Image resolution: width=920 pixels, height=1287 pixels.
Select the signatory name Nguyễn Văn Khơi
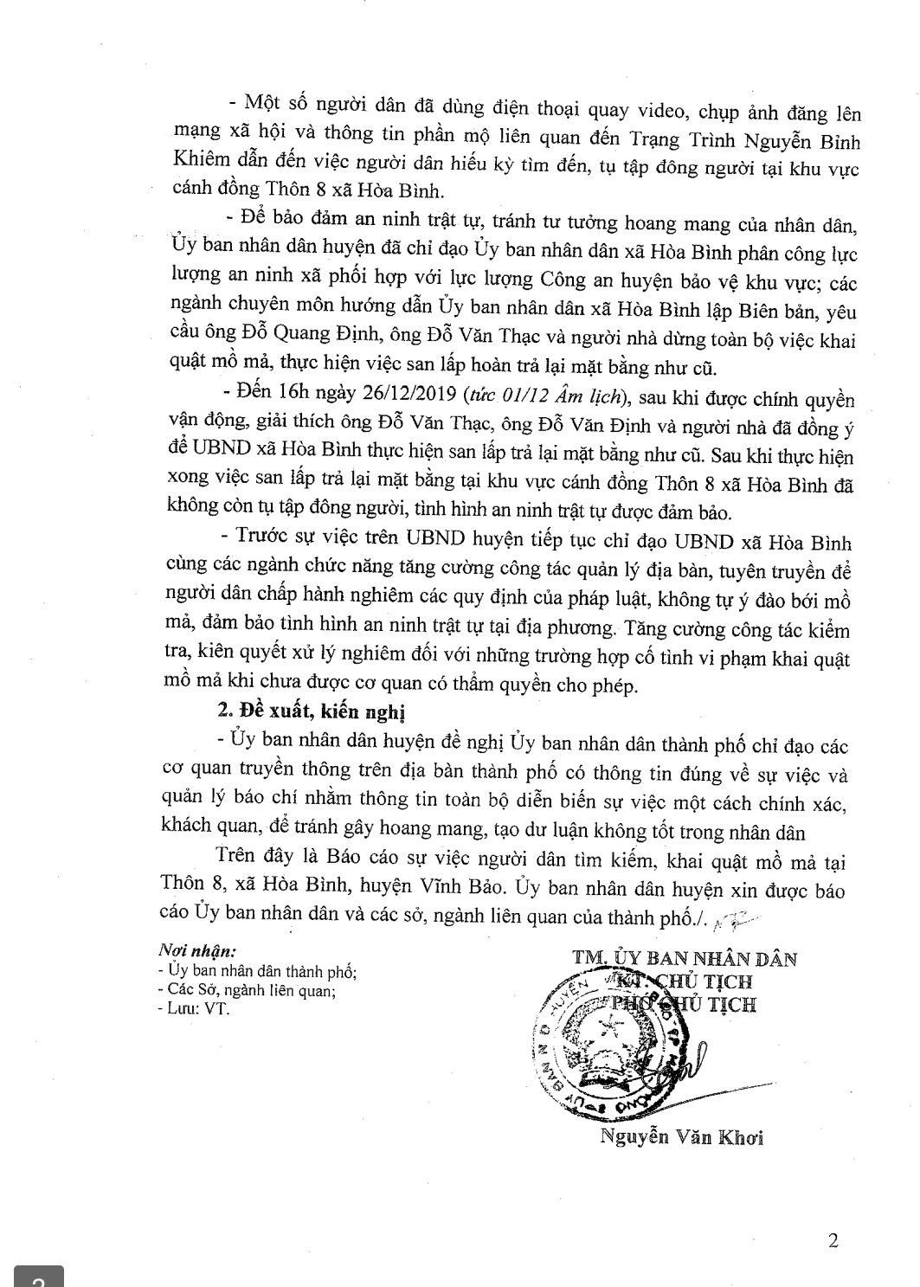pos(681,1136)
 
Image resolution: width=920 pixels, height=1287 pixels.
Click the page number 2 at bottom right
pos(833,1240)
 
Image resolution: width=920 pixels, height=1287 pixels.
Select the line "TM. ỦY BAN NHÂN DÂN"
pos(683,958)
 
